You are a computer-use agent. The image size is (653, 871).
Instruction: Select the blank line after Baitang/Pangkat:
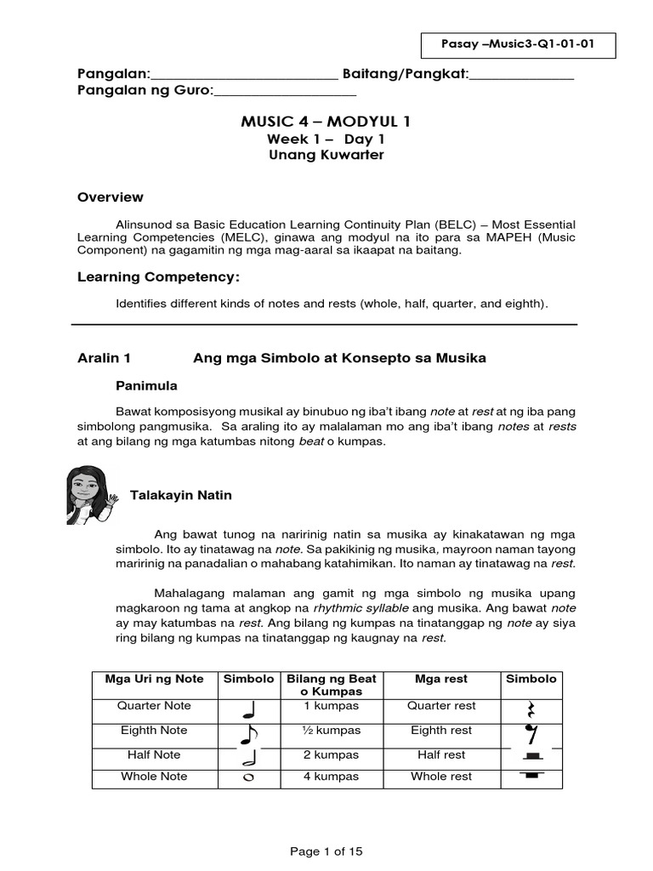[521, 76]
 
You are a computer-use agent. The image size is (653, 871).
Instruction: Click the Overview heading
[111, 196]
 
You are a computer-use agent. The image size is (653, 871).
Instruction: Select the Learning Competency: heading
[159, 277]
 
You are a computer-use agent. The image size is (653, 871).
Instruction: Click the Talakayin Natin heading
[180, 495]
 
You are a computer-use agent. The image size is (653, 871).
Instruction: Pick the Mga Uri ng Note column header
[154, 679]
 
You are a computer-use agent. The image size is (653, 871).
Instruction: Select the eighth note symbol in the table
[248, 734]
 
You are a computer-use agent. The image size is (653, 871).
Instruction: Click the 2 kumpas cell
[332, 754]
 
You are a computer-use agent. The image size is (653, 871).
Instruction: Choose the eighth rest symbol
[531, 733]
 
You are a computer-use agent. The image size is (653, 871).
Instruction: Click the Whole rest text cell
[441, 777]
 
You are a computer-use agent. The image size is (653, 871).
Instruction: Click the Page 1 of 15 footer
[326, 850]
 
